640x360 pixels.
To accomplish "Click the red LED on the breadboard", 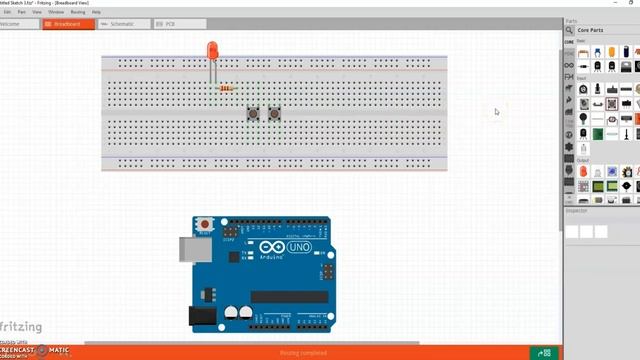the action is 212,49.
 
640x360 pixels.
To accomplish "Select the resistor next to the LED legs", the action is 226,88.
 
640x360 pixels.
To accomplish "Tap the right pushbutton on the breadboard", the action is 274,114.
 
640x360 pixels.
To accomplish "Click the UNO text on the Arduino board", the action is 299,247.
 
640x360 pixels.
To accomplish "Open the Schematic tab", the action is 121,23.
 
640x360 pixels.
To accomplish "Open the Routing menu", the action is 77,12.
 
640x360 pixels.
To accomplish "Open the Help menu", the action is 97,12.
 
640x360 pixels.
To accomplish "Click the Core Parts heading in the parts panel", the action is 591,30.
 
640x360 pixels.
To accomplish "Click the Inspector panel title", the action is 577,211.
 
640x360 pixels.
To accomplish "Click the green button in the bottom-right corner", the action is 544,352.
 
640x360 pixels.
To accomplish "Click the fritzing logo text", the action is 21,326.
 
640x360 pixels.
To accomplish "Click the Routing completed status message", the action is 302,352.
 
